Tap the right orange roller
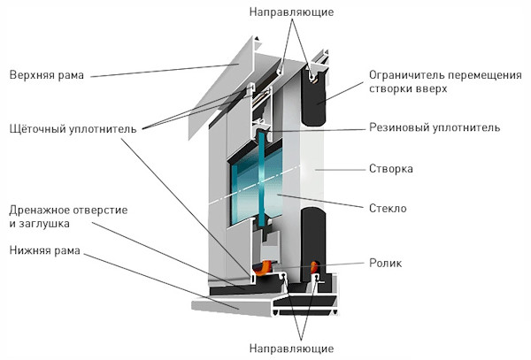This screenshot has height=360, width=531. [x=317, y=266]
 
